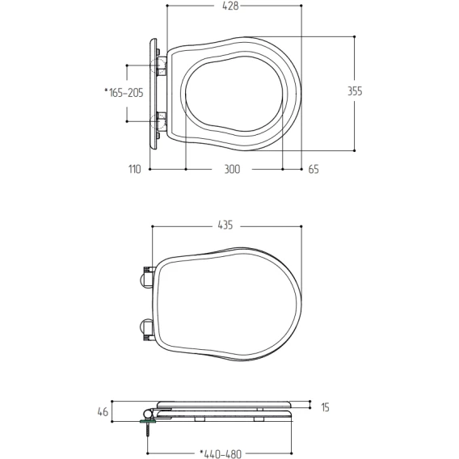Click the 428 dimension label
click(230, 6)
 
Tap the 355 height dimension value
click(355, 91)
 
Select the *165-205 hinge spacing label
click(124, 92)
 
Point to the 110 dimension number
click(135, 169)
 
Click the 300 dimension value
click(232, 169)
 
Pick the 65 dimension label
click(314, 169)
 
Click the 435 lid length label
click(225, 225)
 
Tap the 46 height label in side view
click(103, 412)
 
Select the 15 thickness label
click(325, 407)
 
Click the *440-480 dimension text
click(221, 454)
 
